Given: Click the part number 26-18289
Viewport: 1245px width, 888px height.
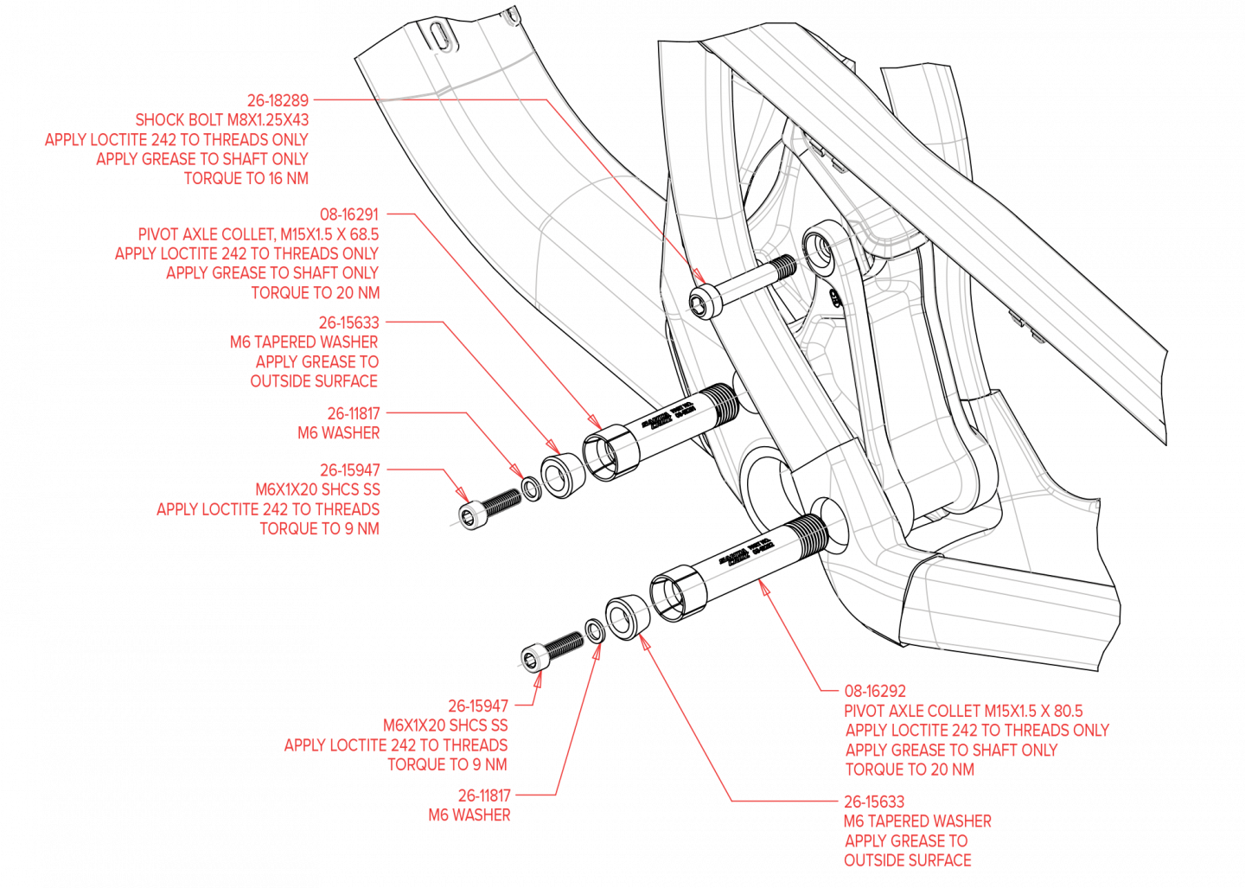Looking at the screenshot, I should point(278,100).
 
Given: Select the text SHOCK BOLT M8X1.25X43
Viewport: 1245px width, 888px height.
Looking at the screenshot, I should point(222,120).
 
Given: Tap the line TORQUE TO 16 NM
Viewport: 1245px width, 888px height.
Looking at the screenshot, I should point(246,179).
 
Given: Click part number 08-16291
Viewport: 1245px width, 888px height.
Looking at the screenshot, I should point(349,214).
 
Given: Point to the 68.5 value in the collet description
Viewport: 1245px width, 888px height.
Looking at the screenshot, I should point(362,234).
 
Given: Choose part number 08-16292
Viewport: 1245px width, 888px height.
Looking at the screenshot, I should point(875,691).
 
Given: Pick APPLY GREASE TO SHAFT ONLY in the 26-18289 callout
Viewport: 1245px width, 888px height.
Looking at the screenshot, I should point(202,159).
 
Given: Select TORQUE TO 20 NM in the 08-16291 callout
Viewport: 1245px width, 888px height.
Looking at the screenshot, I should point(316,293).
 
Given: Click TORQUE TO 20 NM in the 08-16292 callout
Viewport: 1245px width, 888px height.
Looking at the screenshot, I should point(910,770).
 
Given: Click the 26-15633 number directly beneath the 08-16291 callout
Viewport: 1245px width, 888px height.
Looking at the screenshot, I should point(348,323).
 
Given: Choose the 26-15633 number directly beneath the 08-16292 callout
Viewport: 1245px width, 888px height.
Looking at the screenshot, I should point(874,802).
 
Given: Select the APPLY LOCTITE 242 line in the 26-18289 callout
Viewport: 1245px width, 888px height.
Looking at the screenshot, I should point(177,140).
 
